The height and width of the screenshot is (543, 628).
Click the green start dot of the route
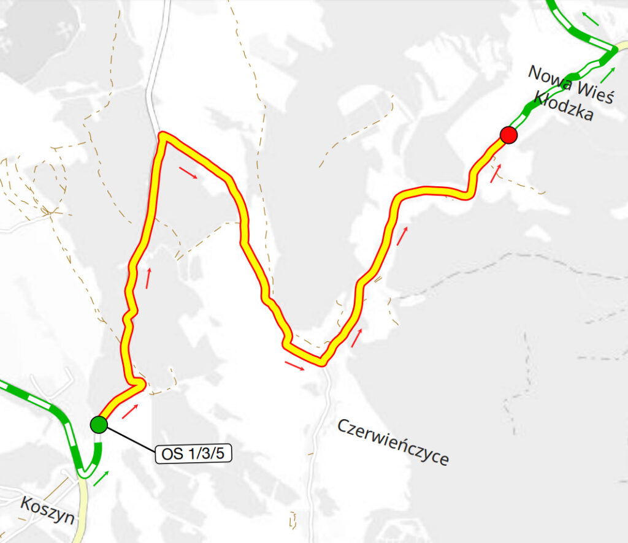(99, 424)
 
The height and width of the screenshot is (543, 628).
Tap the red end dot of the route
(508, 134)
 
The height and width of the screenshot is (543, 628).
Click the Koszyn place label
(47, 510)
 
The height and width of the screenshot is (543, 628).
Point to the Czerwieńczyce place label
(393, 442)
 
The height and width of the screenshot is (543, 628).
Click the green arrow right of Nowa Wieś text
(608, 75)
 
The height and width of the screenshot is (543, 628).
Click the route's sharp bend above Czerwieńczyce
(321, 362)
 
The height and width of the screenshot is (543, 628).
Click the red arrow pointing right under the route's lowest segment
(295, 366)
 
